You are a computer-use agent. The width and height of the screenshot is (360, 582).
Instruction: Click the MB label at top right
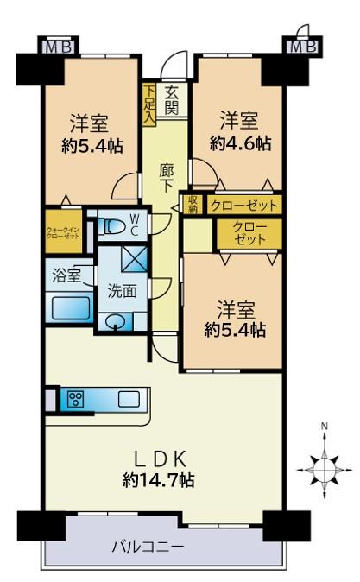pyautogui.click(x=302, y=47)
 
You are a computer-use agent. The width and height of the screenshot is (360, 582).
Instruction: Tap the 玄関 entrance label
pyautogui.click(x=172, y=99)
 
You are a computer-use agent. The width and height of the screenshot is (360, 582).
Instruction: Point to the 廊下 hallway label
pyautogui.click(x=167, y=177)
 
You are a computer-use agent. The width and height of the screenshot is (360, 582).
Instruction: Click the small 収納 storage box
pyautogui.click(x=192, y=204)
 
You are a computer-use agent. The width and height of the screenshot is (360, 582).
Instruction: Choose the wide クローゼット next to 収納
pyautogui.click(x=243, y=205)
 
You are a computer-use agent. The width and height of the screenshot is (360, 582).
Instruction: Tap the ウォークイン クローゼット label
pyautogui.click(x=63, y=232)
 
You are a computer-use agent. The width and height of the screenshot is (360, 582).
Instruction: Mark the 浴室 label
pyautogui.click(x=67, y=276)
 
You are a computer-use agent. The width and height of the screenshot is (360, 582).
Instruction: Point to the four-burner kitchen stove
pyautogui.click(x=75, y=399)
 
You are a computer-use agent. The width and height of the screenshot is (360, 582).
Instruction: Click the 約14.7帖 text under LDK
pyautogui.click(x=159, y=479)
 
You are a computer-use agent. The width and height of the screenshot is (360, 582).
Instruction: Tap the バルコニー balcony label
pyautogui.click(x=148, y=546)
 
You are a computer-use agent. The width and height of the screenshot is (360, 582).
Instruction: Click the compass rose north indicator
pyautogui.click(x=323, y=467)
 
